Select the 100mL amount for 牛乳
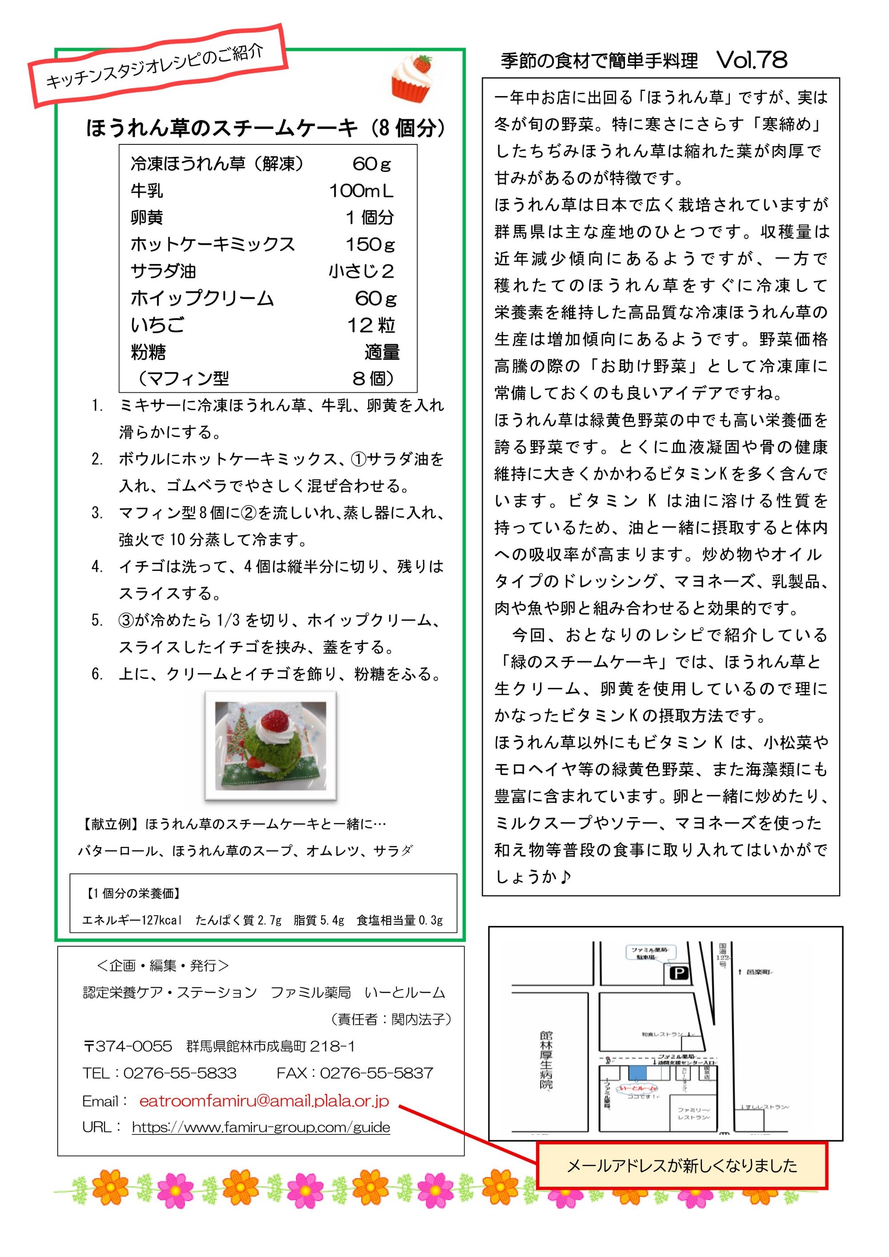pyautogui.click(x=361, y=191)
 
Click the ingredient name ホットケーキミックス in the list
pyautogui.click(x=212, y=244)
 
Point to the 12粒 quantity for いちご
pyautogui.click(x=371, y=325)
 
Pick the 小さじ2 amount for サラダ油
pyautogui.click(x=361, y=271)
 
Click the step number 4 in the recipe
pyautogui.click(x=97, y=567)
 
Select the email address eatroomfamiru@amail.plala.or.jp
pyautogui.click(x=264, y=1101)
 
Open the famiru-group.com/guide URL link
pyautogui.click(x=261, y=1127)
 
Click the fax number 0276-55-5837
pyautogui.click(x=376, y=1073)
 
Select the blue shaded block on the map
pyautogui.click(x=637, y=1073)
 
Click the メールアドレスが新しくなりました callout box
pyautogui.click(x=681, y=1165)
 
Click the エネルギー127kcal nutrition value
pyautogui.click(x=132, y=920)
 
